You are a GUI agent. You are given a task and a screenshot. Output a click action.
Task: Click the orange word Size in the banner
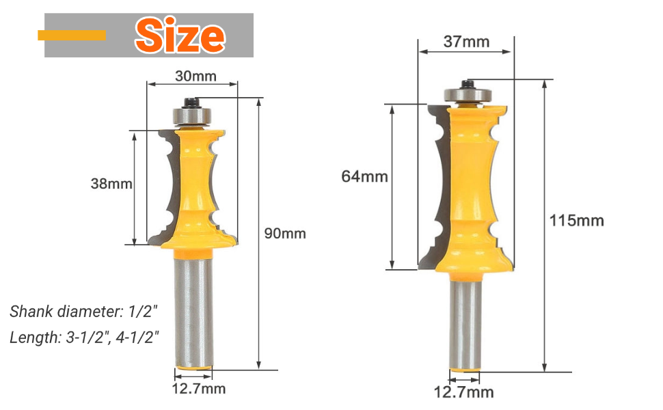tap(180, 35)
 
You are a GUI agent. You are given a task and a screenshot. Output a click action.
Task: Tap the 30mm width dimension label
tap(195, 76)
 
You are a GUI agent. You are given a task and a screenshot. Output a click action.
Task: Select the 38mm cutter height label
tap(111, 183)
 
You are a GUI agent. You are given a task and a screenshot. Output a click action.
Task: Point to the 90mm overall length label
tap(285, 233)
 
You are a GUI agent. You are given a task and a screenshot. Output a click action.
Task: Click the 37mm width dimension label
tap(466, 42)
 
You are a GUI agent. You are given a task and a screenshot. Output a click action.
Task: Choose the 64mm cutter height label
tap(364, 176)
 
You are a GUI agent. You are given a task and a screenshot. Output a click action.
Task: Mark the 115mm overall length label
tap(577, 220)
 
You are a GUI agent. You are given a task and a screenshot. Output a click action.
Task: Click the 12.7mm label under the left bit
tap(199, 388)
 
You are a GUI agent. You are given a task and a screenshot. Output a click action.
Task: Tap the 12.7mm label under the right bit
tap(464, 392)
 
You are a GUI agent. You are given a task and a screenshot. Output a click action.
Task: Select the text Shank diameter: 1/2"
tap(83, 312)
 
